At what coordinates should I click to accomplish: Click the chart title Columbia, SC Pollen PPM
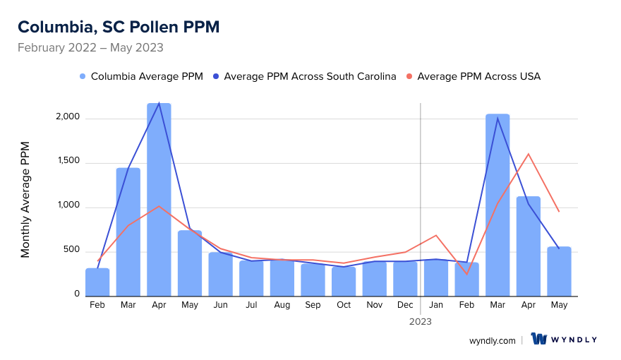click(x=119, y=27)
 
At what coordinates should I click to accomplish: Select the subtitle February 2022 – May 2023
click(x=90, y=48)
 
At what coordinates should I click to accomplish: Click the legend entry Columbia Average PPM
click(x=141, y=76)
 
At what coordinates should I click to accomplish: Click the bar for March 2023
click(x=498, y=205)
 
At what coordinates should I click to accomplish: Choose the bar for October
click(x=344, y=281)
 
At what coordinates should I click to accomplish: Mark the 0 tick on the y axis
click(x=77, y=294)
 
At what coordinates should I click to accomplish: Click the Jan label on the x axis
click(x=436, y=305)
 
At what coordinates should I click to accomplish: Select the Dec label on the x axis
click(x=405, y=305)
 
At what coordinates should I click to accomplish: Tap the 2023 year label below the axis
click(x=421, y=321)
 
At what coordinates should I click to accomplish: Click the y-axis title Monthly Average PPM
click(x=25, y=199)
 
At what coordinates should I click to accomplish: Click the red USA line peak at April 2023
click(x=528, y=154)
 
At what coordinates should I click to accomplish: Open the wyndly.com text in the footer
click(x=492, y=340)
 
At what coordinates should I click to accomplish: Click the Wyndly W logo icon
click(x=539, y=340)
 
